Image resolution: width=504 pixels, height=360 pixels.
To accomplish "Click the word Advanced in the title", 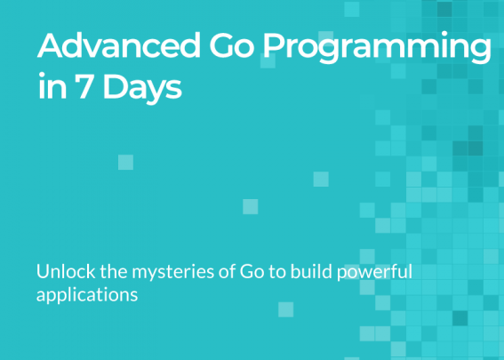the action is tap(119, 45).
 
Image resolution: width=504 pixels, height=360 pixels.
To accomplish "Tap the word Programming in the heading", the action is tap(377, 48).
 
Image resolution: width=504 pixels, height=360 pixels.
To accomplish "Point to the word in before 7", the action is tap(52, 86).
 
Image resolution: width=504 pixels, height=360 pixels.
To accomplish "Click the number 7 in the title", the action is tap(84, 86).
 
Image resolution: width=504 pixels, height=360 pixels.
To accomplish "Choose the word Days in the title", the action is tap(142, 88).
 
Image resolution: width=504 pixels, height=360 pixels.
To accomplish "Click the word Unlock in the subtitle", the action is tap(66, 271).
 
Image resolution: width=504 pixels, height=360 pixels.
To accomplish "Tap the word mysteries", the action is tap(173, 273).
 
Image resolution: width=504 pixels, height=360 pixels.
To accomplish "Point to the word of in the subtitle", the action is tap(228, 271).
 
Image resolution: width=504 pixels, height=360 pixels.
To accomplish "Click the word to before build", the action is tap(277, 272).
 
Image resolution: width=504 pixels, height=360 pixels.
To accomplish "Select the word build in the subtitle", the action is tap(311, 271).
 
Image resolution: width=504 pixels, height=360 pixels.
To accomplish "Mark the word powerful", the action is tap(374, 273).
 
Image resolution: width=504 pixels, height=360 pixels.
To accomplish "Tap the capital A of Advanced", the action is tap(50, 45).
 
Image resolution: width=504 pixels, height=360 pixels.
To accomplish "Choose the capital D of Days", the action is tap(114, 86).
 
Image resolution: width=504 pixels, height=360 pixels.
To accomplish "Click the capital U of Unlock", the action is tap(43, 272).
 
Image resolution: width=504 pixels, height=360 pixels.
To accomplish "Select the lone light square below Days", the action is tap(125, 162).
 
